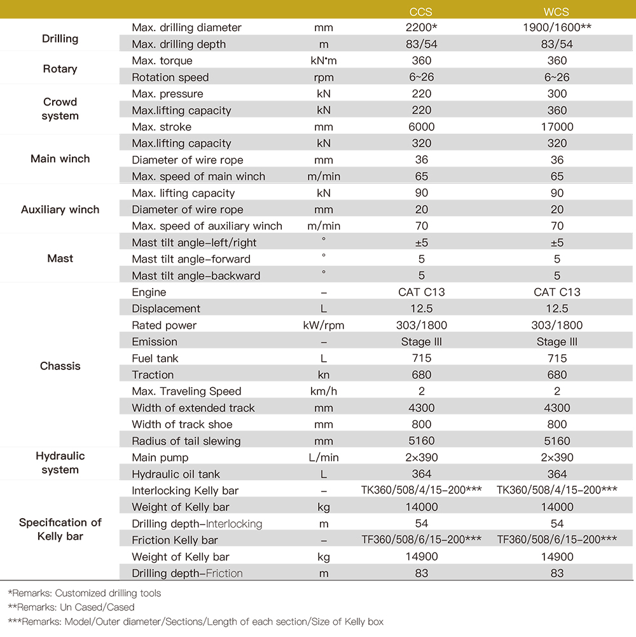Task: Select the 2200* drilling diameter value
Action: click(x=422, y=28)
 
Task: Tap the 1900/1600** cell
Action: click(x=557, y=28)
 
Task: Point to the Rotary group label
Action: click(x=60, y=69)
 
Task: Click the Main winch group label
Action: click(x=60, y=159)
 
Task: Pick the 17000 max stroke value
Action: click(x=557, y=127)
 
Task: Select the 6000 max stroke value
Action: click(x=422, y=127)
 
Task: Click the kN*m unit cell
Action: click(x=323, y=61)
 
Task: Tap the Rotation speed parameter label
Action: click(x=170, y=78)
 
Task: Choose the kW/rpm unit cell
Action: click(x=323, y=325)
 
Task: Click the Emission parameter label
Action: click(x=155, y=342)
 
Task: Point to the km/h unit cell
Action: click(x=323, y=392)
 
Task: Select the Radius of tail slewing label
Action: click(x=186, y=441)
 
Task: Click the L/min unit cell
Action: click(x=323, y=458)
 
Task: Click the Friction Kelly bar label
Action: click(x=174, y=540)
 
